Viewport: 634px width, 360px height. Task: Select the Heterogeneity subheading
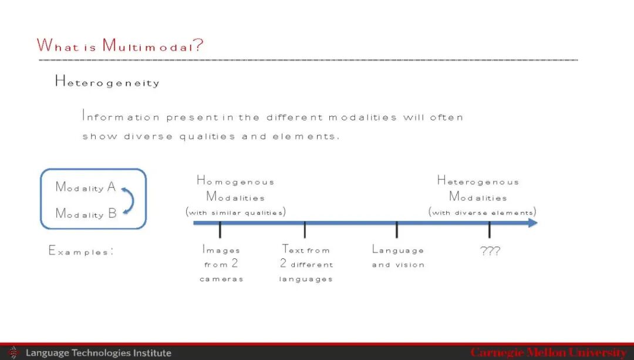pos(107,82)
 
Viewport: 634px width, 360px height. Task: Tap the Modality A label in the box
pos(86,187)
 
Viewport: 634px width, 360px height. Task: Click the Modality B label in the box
pos(86,213)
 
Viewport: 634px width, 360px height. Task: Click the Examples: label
pos(81,251)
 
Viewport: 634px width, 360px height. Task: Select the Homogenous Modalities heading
pos(235,189)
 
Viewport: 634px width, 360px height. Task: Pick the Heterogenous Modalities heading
pos(478,189)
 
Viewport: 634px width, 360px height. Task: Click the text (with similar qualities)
pos(236,212)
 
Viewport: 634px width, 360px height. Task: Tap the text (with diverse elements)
pos(483,212)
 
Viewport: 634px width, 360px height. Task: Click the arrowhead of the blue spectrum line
pos(533,223)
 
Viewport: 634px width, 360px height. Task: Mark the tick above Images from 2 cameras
pos(220,230)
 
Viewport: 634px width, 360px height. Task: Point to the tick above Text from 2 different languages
pos(305,230)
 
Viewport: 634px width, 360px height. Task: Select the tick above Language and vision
pos(397,230)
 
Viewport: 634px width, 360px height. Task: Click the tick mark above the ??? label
pos(489,230)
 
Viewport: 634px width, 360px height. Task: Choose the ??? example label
pos(490,251)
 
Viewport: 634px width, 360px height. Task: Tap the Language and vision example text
pos(398,257)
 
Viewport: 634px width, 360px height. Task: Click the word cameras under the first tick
pos(221,279)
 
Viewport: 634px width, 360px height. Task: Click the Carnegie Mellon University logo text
pos(549,352)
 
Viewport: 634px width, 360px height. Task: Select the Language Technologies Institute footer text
pos(99,353)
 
